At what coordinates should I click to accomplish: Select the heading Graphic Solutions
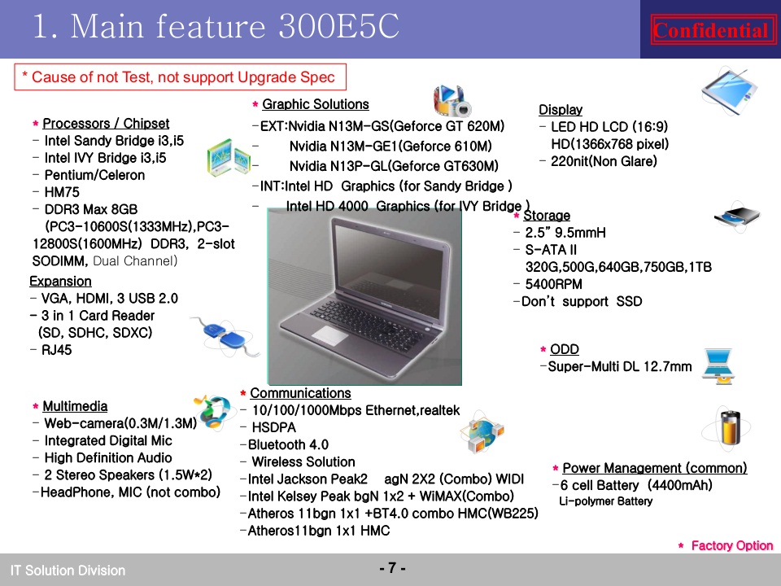pos(316,104)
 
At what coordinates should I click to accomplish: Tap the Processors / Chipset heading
pos(106,123)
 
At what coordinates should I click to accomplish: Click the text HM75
pos(62,192)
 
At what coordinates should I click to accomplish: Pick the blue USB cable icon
pos(225,335)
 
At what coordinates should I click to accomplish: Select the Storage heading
pos(547,215)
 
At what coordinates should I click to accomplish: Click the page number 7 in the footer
pos(392,567)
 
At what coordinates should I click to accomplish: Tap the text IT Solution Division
pos(68,570)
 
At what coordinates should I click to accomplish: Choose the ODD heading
pos(565,349)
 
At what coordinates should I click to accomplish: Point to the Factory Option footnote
pos(731,545)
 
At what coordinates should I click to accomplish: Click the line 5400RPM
pos(553,284)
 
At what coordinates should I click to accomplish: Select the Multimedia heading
pos(75,406)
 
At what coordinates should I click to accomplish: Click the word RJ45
pos(56,350)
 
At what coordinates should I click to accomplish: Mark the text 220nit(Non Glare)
pos(604,161)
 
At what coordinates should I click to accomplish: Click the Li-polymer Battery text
pos(605,501)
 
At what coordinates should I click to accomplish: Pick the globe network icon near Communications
pos(482,432)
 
